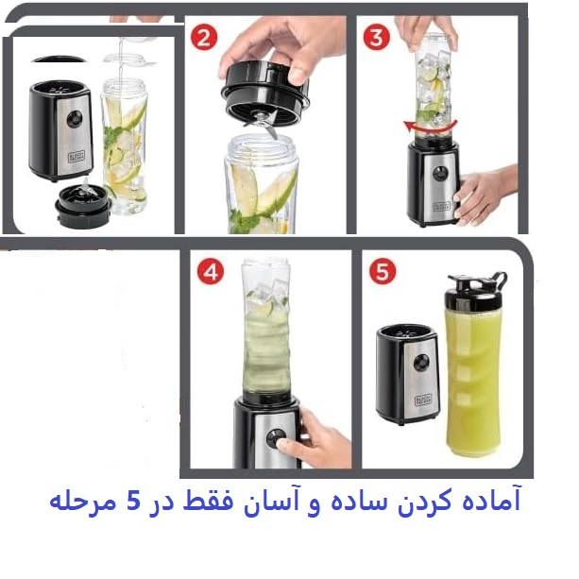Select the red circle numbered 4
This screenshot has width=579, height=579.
tap(209, 274)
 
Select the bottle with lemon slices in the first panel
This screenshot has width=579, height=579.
tap(125, 142)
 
